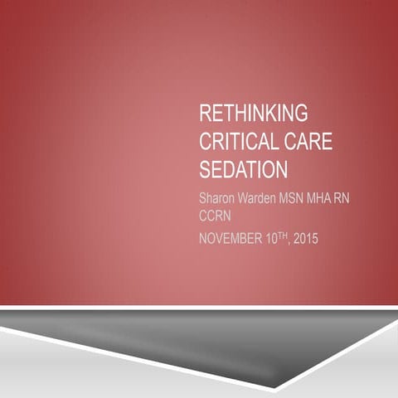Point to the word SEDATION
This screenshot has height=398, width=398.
pyautogui.click(x=244, y=170)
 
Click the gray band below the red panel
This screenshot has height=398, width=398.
pyautogui.click(x=166, y=336)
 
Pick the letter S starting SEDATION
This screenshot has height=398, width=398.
pyautogui.click(x=205, y=170)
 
